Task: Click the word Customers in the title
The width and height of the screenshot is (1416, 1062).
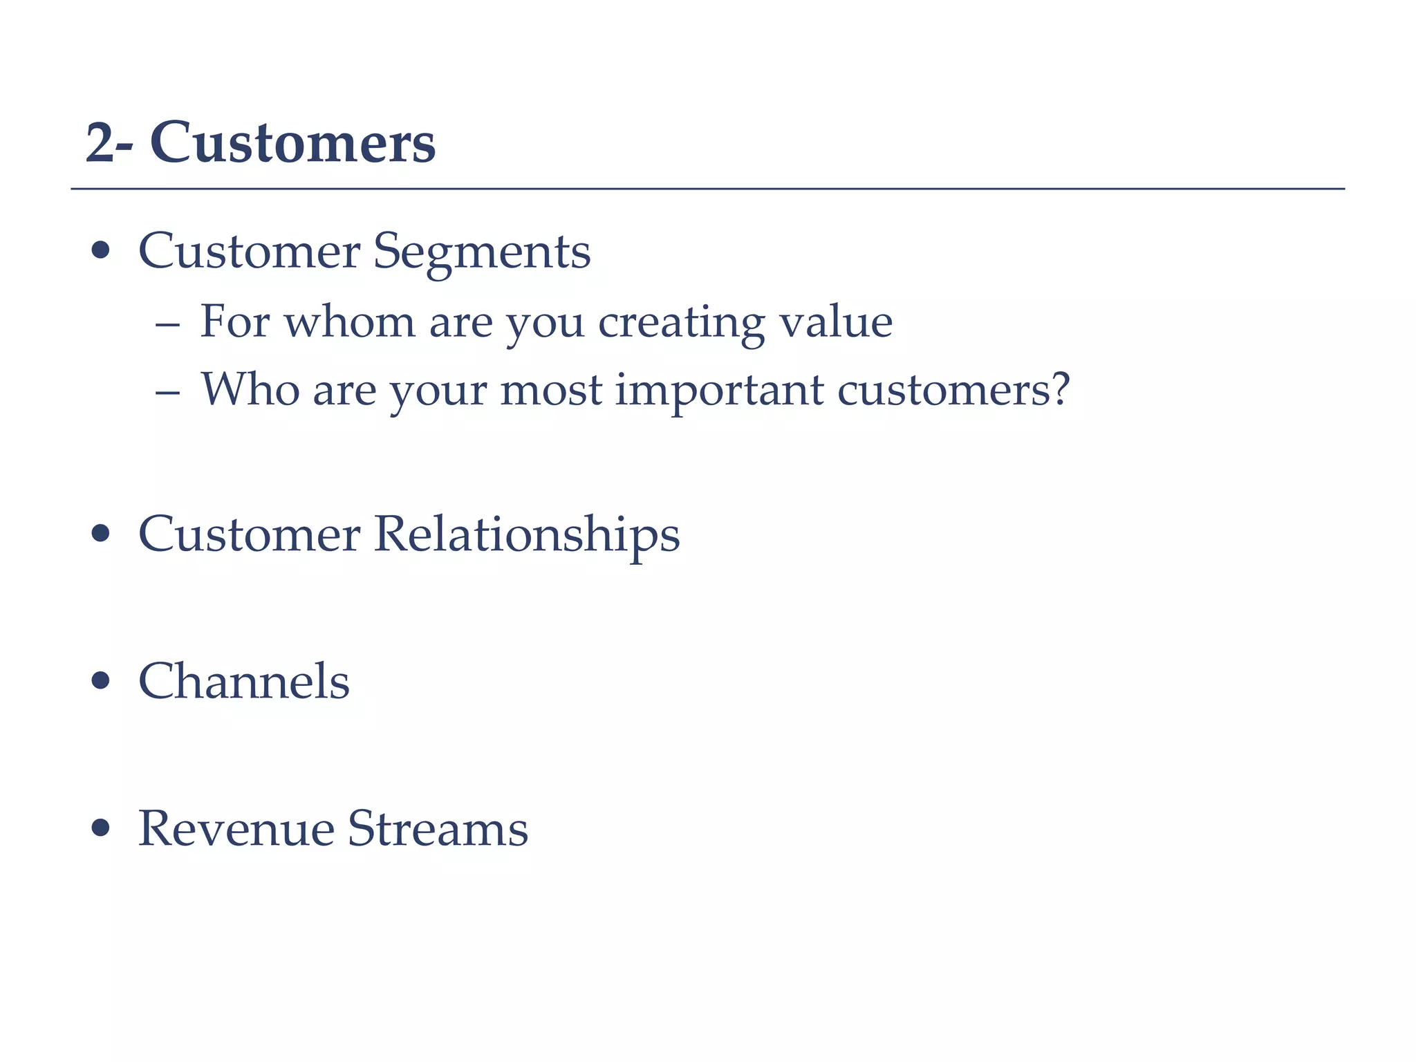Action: click(292, 143)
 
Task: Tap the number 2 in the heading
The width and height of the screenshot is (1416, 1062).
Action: click(100, 144)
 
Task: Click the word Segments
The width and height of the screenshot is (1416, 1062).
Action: click(482, 252)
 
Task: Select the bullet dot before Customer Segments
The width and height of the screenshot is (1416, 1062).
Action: click(101, 250)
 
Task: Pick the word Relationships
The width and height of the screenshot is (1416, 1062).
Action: click(527, 536)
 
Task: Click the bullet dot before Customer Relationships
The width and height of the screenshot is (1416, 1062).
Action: click(101, 534)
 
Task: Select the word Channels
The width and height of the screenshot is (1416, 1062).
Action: click(244, 681)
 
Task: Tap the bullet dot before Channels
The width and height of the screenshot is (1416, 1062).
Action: click(101, 680)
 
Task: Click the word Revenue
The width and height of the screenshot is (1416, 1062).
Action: click(236, 828)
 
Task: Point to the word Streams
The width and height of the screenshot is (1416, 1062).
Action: click(437, 828)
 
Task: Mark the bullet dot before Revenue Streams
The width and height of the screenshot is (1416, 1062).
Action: click(101, 828)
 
